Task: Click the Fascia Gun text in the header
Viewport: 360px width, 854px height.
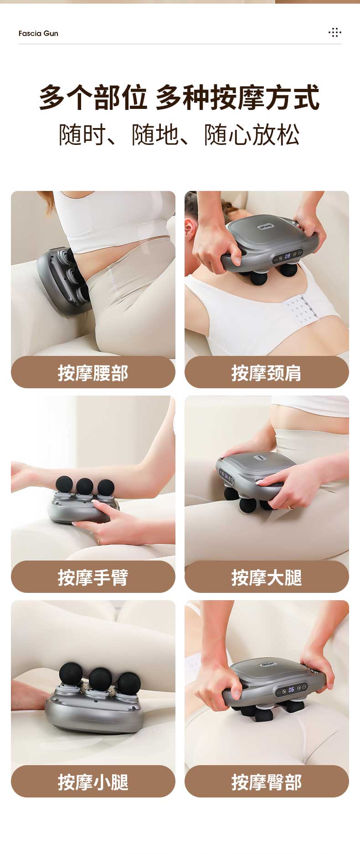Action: [x=38, y=33]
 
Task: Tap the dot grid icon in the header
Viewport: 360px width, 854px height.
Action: [x=335, y=32]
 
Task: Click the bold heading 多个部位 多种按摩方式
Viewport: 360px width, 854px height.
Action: [x=180, y=98]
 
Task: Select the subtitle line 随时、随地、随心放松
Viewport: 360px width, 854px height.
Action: [x=180, y=135]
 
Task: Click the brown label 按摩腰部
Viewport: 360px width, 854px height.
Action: [x=93, y=372]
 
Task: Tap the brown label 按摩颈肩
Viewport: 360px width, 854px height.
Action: [x=267, y=372]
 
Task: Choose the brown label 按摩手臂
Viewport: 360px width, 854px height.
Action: [x=93, y=577]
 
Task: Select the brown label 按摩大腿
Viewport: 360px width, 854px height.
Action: [x=267, y=577]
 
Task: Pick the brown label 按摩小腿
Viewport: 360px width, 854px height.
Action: [x=93, y=782]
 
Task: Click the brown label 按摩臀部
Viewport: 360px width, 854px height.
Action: [x=267, y=782]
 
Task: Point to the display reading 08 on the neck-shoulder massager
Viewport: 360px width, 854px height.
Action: [x=288, y=256]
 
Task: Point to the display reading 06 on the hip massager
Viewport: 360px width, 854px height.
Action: [x=291, y=689]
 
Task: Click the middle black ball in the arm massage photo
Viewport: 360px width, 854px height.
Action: [x=85, y=486]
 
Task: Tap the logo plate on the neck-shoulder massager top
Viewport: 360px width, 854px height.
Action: [x=265, y=226]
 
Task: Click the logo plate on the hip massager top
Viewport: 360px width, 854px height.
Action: [x=270, y=665]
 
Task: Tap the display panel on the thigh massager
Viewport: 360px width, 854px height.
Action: [x=226, y=477]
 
